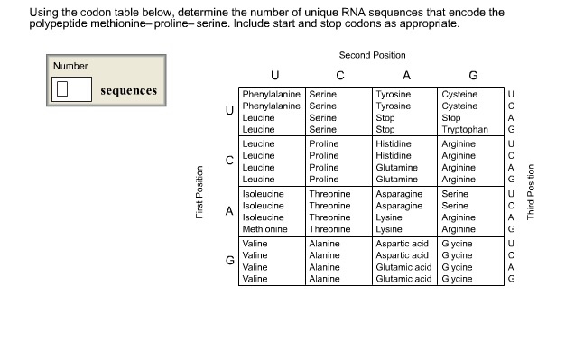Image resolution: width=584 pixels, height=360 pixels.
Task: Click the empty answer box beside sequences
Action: (x=71, y=89)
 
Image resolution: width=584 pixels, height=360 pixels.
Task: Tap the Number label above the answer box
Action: (x=70, y=66)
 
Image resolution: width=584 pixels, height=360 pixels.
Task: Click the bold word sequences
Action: (x=128, y=90)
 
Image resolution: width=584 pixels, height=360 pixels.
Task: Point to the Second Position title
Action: (x=372, y=55)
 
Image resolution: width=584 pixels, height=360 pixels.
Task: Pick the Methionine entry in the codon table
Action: (x=264, y=230)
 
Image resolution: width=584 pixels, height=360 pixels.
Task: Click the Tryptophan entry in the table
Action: (x=465, y=130)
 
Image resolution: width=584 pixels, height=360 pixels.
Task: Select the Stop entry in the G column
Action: (x=451, y=117)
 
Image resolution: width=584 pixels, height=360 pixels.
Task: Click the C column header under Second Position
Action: (x=339, y=75)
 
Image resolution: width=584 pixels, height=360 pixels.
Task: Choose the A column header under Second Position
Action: (x=406, y=75)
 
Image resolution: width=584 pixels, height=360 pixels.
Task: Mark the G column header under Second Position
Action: (x=473, y=75)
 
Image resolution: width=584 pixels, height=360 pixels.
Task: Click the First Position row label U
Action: (x=229, y=111)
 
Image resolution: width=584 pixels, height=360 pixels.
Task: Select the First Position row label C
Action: (x=229, y=161)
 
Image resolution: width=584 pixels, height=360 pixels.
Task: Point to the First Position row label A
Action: (x=229, y=210)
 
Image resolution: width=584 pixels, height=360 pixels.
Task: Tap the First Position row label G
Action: (x=229, y=260)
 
